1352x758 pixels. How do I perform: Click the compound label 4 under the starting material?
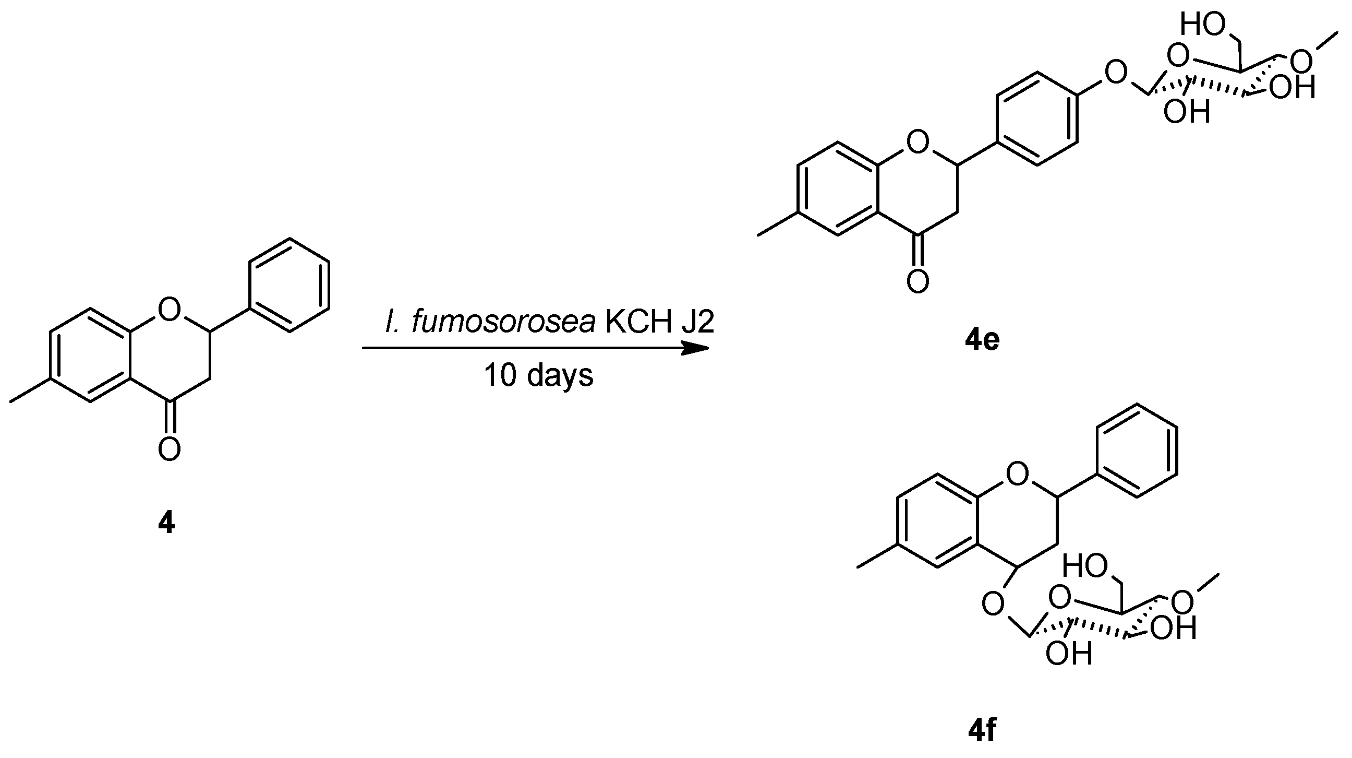click(x=166, y=523)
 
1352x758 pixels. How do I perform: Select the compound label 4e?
click(x=982, y=340)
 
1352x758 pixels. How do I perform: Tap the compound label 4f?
click(x=982, y=730)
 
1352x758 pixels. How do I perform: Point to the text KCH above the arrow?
click(x=638, y=321)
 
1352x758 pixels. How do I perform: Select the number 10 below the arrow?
click(x=500, y=375)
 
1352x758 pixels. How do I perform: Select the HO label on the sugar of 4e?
click(x=1202, y=25)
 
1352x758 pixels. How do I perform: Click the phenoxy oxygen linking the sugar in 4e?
click(x=1116, y=73)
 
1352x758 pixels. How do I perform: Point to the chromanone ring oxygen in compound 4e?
click(x=918, y=142)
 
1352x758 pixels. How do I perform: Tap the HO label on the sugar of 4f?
click(x=1085, y=567)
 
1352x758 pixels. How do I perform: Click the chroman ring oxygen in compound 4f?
click(x=1018, y=475)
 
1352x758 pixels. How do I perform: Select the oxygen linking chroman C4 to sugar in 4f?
click(x=993, y=604)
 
